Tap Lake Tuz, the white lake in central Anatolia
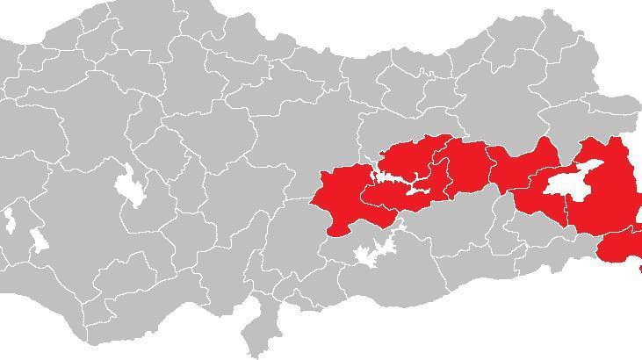(130, 184)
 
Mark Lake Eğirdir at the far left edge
(9, 220)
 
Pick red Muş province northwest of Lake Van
(523, 167)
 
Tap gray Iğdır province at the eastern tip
(628, 110)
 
